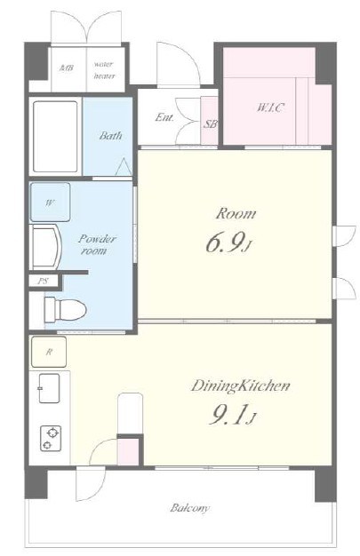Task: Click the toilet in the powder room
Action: (65, 310)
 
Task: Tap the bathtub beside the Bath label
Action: (55, 137)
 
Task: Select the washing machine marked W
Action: (50, 203)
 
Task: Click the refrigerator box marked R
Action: (49, 352)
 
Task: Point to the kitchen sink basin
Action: (50, 388)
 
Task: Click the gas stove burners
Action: (51, 438)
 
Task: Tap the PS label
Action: (44, 282)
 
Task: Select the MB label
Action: (67, 68)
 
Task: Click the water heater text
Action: (104, 70)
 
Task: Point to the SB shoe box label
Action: (210, 124)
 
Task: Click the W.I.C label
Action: (270, 107)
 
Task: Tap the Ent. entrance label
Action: (164, 117)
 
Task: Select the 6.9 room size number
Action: (226, 243)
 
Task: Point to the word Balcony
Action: (189, 508)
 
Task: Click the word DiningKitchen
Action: (240, 386)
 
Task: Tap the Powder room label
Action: (97, 244)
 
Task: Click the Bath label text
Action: (110, 136)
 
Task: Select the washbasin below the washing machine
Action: (47, 247)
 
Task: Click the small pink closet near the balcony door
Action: (128, 452)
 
